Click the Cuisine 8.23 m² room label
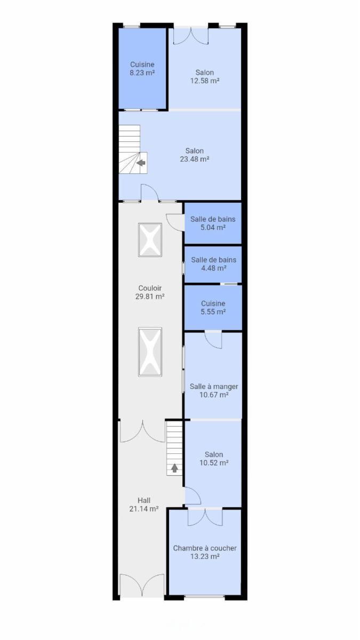coord(142,69)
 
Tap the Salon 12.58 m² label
coord(205,77)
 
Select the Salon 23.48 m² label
coord(195,155)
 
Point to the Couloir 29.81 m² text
coord(150,292)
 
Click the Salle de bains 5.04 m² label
coord(213,223)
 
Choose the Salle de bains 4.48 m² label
coord(214,264)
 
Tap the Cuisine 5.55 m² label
coord(213,307)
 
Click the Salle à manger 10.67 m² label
coord(214,390)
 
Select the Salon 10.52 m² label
coord(214,459)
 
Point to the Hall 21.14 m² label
coord(144,505)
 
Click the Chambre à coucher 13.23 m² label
coord(205,553)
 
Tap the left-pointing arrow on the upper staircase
coord(141,163)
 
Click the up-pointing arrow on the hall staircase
coord(174,468)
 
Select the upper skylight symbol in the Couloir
coord(150,239)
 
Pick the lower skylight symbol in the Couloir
coord(150,351)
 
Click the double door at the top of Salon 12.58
coord(191,35)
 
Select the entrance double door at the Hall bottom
coord(142,586)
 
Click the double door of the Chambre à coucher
coord(205,517)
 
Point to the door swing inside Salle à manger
coord(213,340)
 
